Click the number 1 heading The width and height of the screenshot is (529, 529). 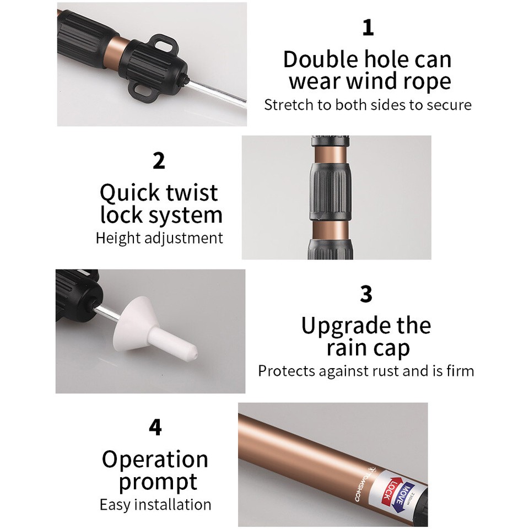tap(368, 28)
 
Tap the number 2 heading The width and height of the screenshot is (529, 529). tap(159, 161)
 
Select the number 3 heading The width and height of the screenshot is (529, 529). tap(366, 294)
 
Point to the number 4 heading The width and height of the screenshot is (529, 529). tap(155, 428)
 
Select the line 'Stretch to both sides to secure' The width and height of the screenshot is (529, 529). tap(368, 105)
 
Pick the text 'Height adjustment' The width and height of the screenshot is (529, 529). tap(159, 238)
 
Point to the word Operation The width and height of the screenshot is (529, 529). tap(155, 459)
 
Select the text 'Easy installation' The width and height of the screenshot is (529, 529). tap(155, 504)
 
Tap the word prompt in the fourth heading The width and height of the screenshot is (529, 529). tap(158, 482)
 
